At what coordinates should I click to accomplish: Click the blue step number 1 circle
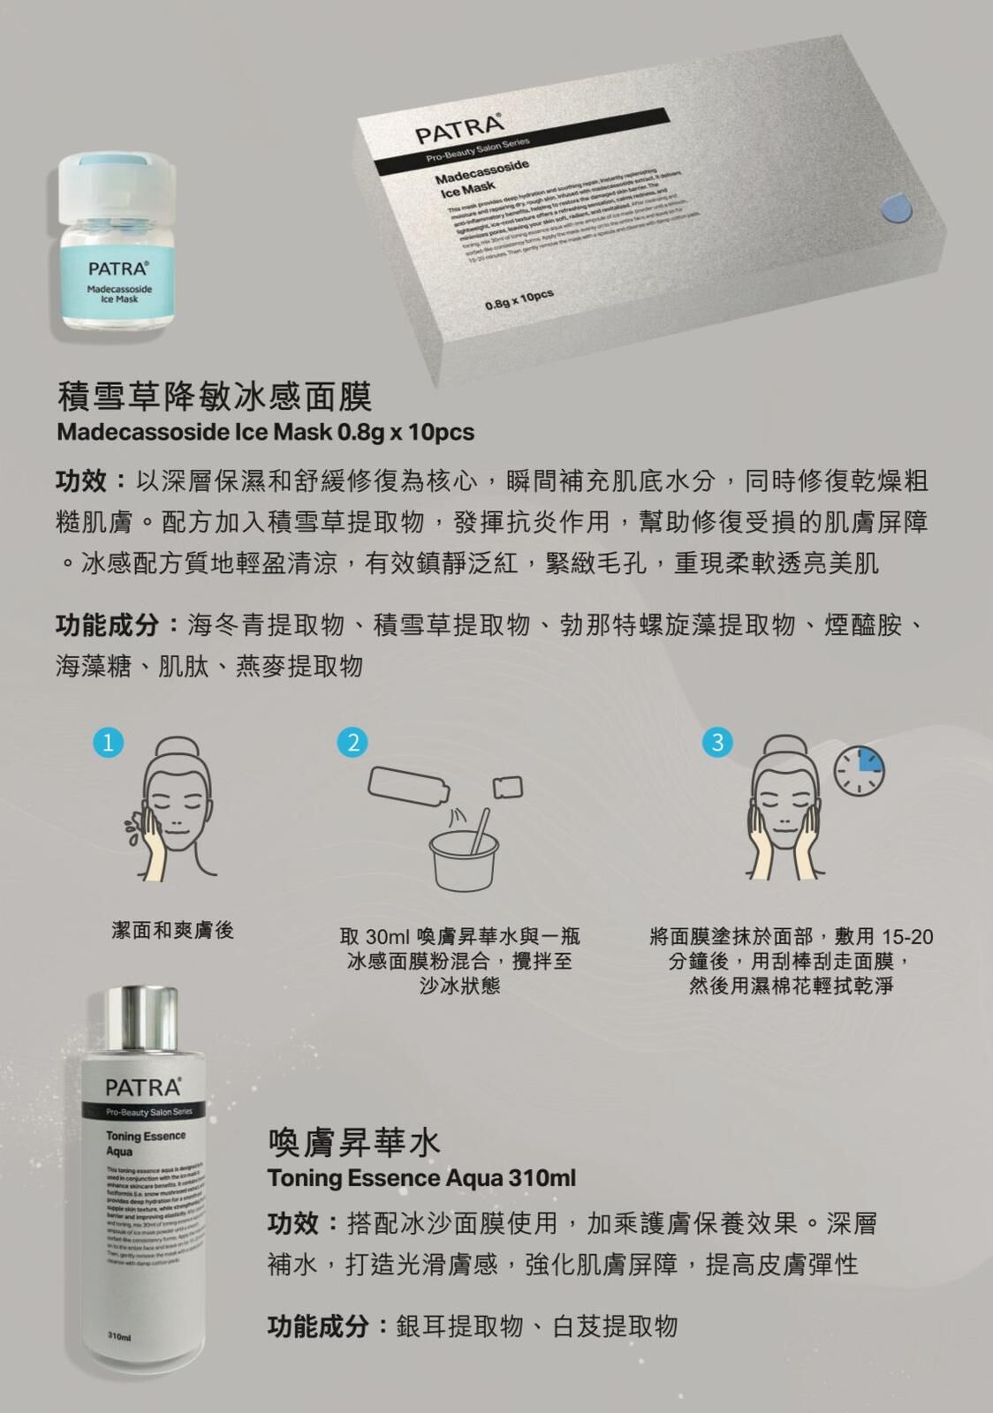click(x=108, y=742)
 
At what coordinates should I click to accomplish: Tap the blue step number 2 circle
click(x=352, y=742)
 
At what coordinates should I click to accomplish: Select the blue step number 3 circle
click(x=716, y=742)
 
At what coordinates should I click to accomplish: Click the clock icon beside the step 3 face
click(x=859, y=770)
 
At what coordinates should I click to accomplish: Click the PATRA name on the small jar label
click(x=117, y=268)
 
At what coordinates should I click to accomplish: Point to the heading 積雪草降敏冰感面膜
click(x=214, y=397)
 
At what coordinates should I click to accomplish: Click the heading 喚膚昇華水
click(x=353, y=1142)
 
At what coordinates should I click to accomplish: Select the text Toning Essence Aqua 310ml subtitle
click(x=421, y=1178)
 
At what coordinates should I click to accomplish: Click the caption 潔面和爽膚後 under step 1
click(x=172, y=930)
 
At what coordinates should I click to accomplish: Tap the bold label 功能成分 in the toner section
click(x=317, y=1326)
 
